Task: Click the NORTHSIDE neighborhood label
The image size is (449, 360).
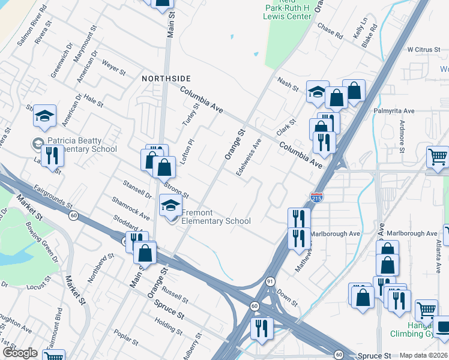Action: [166, 79]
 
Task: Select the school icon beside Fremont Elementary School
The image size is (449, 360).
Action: [170, 206]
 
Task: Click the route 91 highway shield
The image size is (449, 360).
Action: [271, 281]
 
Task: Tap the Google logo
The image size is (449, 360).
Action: [20, 353]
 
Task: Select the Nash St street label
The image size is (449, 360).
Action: [288, 84]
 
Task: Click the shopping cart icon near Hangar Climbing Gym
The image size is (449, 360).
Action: [426, 310]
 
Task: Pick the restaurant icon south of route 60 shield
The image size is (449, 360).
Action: [262, 328]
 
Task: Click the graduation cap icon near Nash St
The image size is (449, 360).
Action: [318, 92]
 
